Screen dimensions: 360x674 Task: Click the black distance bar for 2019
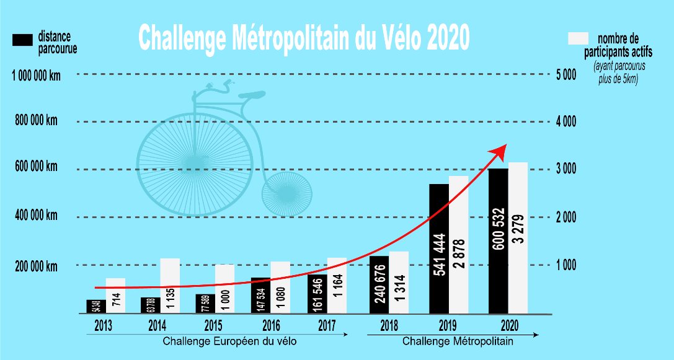click(x=438, y=248)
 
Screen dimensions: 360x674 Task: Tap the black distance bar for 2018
click(x=379, y=285)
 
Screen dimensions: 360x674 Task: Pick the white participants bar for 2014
click(x=170, y=285)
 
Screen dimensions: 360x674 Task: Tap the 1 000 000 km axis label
click(x=37, y=75)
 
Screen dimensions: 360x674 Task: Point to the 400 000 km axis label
click(x=36, y=216)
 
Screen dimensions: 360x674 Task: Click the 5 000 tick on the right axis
click(x=565, y=75)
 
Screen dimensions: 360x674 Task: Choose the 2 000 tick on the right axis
click(x=565, y=217)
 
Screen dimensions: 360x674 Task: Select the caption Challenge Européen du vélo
click(x=229, y=341)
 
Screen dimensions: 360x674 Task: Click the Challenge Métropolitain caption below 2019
click(x=458, y=341)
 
